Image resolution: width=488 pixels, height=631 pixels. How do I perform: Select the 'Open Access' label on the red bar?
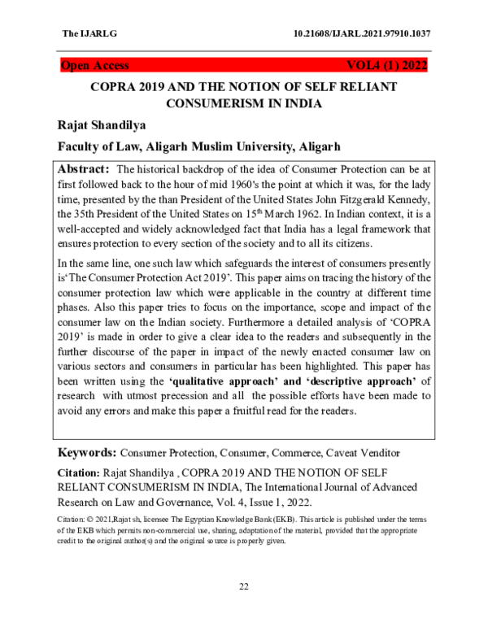click(x=95, y=66)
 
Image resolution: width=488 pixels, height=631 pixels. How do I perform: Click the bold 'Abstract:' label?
click(x=84, y=170)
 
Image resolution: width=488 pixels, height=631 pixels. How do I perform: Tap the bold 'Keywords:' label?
click(x=88, y=452)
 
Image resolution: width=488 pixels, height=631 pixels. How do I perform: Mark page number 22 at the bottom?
click(x=243, y=588)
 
